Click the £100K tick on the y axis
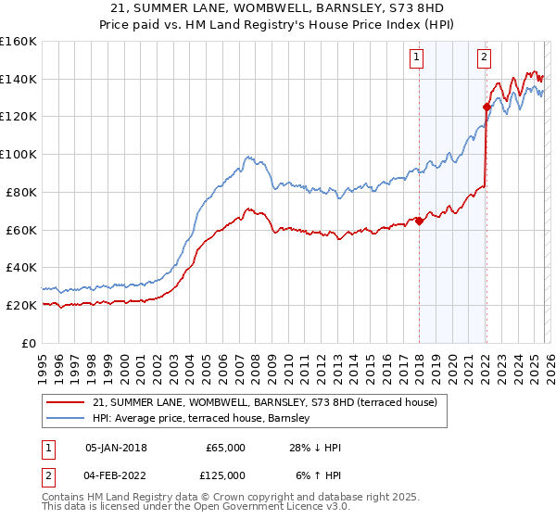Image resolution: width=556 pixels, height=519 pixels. pos(18,154)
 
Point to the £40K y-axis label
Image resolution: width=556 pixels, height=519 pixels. pos(20,267)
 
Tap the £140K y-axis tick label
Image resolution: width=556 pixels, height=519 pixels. pos(18,79)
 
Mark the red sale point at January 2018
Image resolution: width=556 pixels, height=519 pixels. pos(419,221)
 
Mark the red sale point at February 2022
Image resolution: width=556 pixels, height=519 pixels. pos(486,107)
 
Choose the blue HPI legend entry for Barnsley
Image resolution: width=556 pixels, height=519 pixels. pos(203,418)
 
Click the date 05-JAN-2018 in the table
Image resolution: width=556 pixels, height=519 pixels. pos(116,448)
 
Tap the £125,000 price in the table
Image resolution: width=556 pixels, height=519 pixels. pos(225,475)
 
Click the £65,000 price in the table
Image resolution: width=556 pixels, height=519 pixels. pos(225,448)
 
